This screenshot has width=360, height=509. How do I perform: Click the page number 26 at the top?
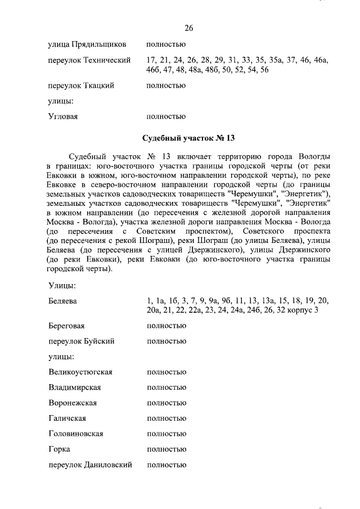[189, 28]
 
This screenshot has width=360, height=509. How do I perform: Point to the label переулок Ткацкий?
[82, 85]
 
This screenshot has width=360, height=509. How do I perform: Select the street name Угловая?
[63, 117]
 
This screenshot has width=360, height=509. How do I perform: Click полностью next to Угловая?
[166, 117]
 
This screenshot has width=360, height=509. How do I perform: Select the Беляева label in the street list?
[62, 301]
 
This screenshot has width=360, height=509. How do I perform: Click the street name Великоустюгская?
[81, 372]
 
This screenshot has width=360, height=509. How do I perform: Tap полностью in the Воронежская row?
[166, 403]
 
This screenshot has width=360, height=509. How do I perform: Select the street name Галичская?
[67, 418]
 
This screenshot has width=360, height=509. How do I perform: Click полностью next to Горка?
[166, 449]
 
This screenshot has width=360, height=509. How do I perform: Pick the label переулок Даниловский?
[91, 465]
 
